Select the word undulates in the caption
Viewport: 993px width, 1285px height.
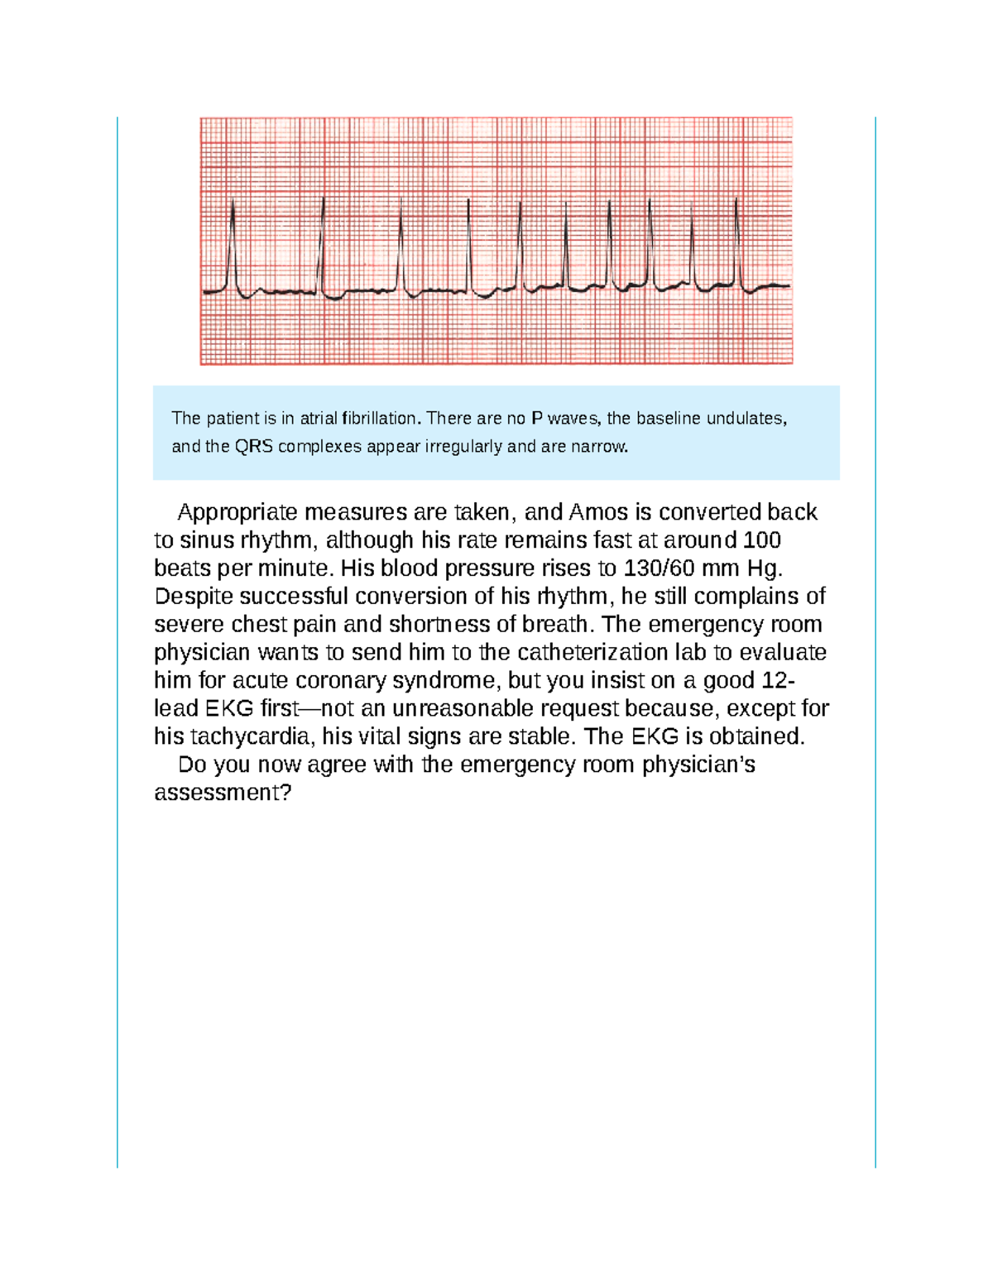(x=751, y=419)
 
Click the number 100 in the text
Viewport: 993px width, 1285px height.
(x=762, y=540)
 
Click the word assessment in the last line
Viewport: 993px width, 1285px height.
(x=223, y=793)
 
